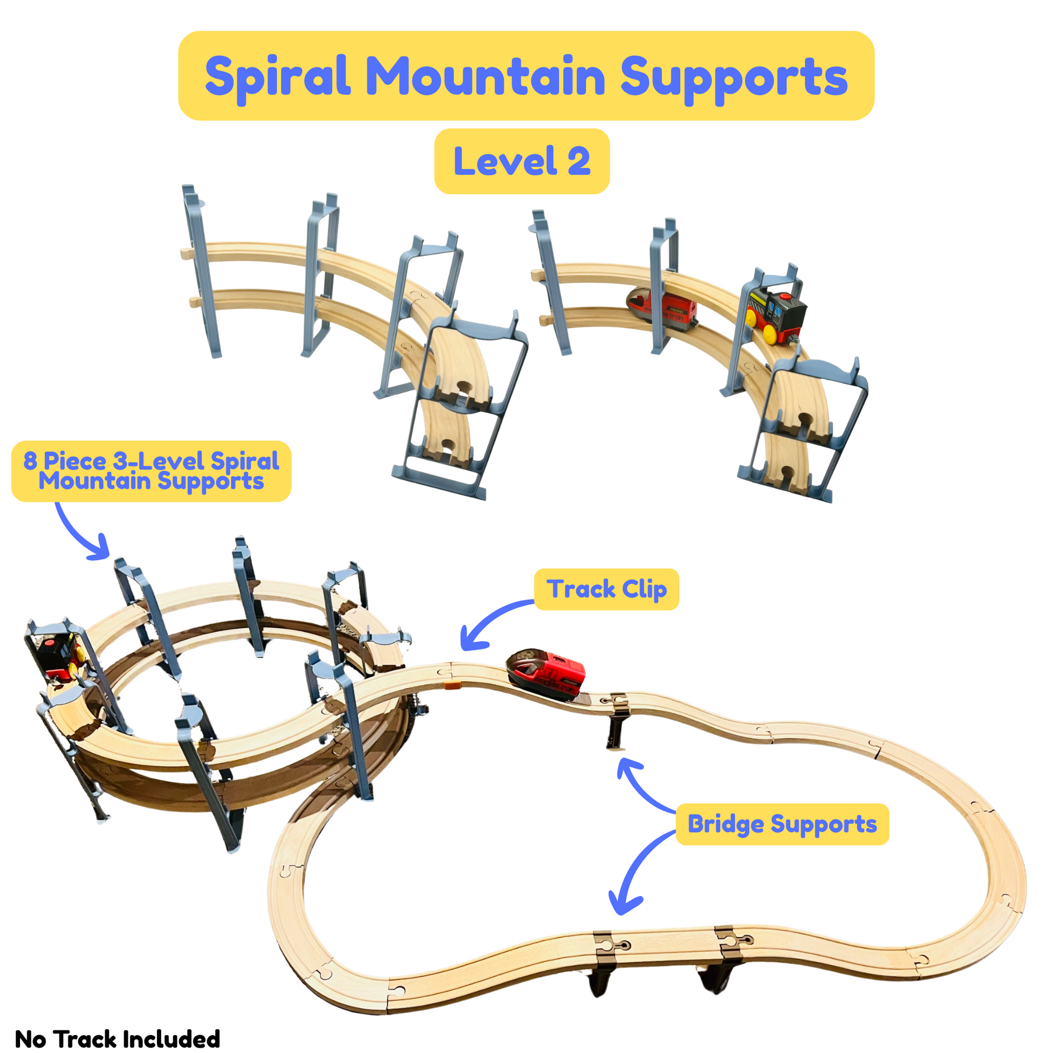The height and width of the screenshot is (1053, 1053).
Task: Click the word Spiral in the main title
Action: [278, 77]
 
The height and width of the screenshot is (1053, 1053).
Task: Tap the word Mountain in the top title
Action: [484, 76]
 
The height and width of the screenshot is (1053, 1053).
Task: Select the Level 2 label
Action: [522, 161]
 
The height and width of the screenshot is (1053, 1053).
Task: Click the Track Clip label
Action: [606, 589]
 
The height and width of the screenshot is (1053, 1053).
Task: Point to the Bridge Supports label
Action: [782, 824]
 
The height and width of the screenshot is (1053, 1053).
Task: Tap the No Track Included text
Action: [117, 1039]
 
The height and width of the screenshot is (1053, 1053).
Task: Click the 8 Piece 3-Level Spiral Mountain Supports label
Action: [151, 471]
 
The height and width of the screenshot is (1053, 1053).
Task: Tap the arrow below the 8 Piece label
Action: [82, 534]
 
